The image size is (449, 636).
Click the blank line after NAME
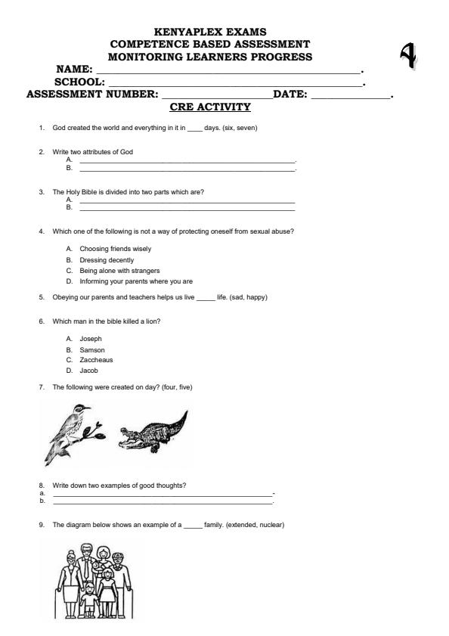[227, 70]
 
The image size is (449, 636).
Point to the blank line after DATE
[351, 95]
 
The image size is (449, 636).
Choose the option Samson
[92, 350]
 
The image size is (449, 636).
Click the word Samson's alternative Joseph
[91, 340]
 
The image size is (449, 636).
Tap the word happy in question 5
[256, 297]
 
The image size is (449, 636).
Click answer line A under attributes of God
[187, 162]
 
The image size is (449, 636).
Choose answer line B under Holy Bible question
[187, 209]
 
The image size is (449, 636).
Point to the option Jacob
[88, 371]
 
